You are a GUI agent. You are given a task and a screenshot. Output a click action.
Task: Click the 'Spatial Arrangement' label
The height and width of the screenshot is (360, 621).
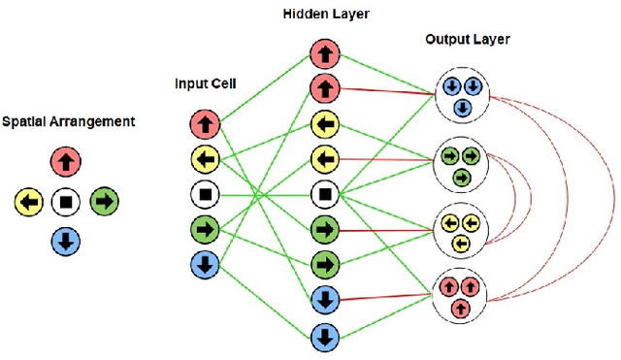click(67, 122)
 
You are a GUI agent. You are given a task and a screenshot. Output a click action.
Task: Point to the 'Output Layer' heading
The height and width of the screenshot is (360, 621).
click(467, 39)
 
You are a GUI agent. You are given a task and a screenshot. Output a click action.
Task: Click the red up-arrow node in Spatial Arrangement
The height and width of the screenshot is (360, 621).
click(65, 161)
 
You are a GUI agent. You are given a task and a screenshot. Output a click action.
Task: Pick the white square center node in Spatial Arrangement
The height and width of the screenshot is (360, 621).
click(65, 202)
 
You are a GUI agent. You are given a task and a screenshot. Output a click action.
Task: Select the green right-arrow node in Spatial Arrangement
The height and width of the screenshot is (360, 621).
click(104, 202)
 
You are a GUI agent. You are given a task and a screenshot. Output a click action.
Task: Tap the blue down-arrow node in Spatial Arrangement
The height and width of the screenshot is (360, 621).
click(65, 242)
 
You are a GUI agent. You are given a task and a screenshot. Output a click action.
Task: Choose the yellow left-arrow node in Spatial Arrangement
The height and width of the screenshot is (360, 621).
click(28, 202)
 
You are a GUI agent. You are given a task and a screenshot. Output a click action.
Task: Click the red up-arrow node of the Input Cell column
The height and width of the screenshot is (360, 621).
click(206, 123)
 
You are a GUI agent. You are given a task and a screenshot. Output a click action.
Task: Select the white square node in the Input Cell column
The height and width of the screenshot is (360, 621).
click(206, 193)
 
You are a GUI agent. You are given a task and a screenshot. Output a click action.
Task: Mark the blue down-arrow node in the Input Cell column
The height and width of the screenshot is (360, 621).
click(206, 263)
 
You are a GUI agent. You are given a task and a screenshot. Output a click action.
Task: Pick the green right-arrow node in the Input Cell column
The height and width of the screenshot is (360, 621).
click(206, 229)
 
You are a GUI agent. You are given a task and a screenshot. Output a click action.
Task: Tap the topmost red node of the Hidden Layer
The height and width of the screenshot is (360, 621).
click(323, 53)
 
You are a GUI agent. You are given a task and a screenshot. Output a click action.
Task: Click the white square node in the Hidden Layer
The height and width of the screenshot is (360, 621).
click(323, 194)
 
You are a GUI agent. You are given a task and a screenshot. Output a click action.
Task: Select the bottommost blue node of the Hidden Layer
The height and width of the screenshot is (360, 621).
click(323, 337)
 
